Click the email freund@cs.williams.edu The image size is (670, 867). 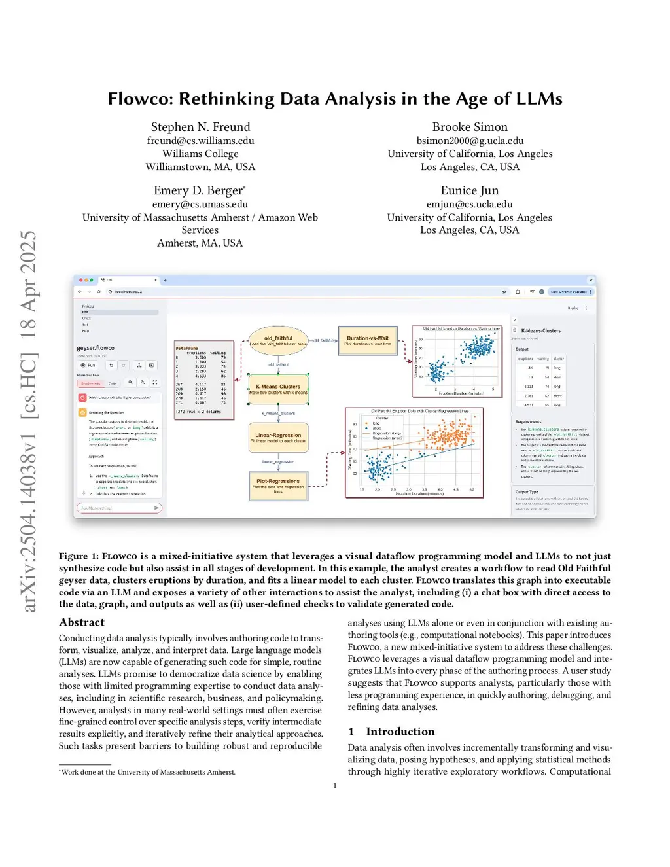pos(200,141)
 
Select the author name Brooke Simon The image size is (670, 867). pos(469,127)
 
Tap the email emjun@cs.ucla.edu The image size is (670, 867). pos(469,204)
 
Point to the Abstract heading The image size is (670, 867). pos(82,622)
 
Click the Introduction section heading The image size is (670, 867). pos(400,732)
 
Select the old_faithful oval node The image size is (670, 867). pos(278,340)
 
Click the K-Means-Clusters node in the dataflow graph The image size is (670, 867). pos(278,389)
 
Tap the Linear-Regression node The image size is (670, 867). pos(278,437)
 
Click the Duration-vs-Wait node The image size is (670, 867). pos(368,340)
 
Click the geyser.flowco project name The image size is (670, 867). pos(96,348)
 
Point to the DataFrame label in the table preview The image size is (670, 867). pos(186,349)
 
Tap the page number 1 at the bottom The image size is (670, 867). pos(335,786)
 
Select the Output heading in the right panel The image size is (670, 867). pos(521,349)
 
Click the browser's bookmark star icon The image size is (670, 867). pos(504,292)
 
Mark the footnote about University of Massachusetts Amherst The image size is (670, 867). pos(148,772)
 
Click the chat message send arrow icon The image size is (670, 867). pos(156,508)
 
